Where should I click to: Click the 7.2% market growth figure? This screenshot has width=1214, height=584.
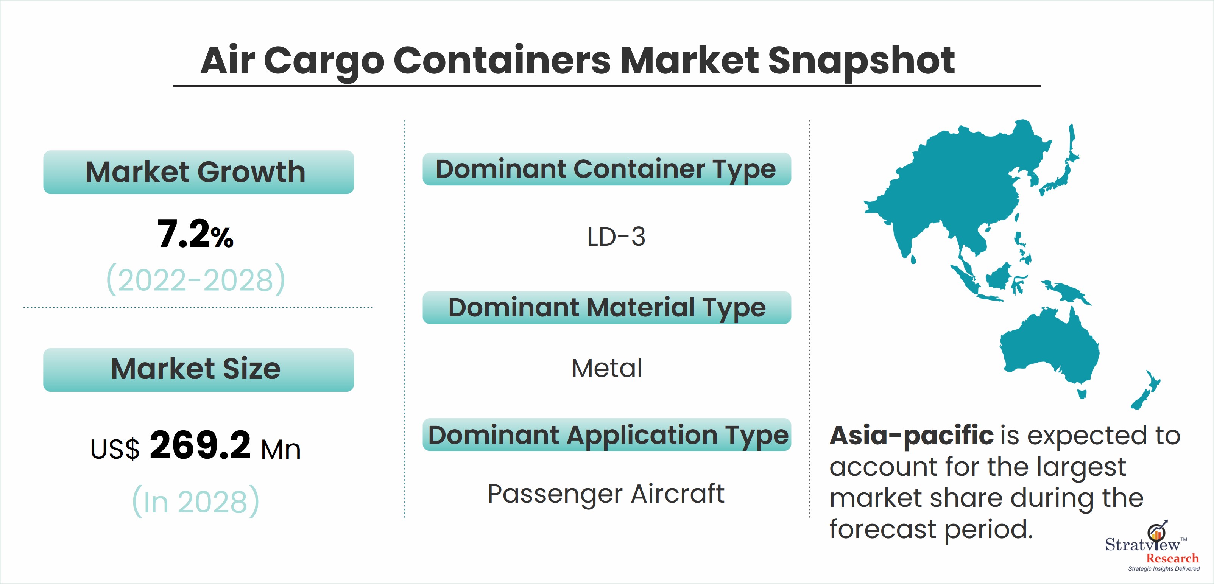click(195, 234)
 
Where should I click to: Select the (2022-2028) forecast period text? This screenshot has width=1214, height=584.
click(196, 279)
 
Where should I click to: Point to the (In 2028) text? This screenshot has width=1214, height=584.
click(196, 501)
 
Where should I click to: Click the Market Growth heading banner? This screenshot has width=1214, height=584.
click(198, 172)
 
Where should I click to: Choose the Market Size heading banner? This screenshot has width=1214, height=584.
click(198, 369)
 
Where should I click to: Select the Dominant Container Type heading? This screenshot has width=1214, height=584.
click(606, 169)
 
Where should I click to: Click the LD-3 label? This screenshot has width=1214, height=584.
click(616, 237)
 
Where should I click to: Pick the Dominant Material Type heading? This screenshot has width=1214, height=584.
click(606, 308)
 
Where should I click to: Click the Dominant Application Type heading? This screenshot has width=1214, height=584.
click(606, 434)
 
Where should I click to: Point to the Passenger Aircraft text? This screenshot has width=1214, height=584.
click(606, 494)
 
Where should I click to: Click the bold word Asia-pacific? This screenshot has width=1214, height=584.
click(912, 435)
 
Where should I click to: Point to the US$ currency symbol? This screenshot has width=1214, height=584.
click(115, 449)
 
